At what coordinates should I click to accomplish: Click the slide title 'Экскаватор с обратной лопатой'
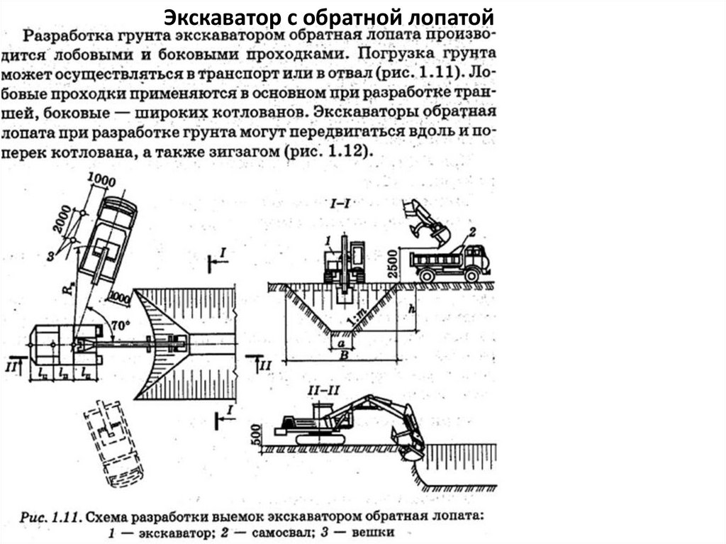click(x=329, y=18)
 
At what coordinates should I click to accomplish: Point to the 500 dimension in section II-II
click(x=255, y=434)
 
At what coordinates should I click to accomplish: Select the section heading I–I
click(x=339, y=203)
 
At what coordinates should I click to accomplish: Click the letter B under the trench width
click(x=344, y=355)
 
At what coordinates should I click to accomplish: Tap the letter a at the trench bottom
click(x=342, y=343)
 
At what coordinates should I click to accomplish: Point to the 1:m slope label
click(x=357, y=317)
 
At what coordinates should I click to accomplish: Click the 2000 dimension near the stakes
click(x=62, y=219)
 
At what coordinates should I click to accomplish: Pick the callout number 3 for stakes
click(x=50, y=255)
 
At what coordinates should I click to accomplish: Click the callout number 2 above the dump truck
click(x=472, y=232)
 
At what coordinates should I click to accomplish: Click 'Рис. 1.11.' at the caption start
click(x=51, y=517)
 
